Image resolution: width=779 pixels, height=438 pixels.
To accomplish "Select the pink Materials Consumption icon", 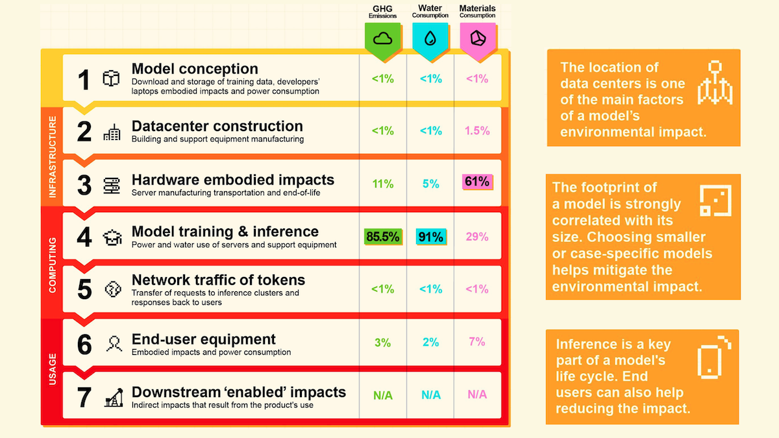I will pyautogui.click(x=477, y=38).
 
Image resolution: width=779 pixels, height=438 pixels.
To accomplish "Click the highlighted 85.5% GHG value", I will pyautogui.click(x=383, y=237).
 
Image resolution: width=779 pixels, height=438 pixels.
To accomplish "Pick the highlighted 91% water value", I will pyautogui.click(x=430, y=237).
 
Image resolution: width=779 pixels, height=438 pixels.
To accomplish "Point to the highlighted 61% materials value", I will pyautogui.click(x=477, y=182).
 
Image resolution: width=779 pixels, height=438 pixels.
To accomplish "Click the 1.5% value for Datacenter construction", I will pyautogui.click(x=477, y=130).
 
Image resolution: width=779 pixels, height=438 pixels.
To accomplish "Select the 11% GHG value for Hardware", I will pyautogui.click(x=383, y=184).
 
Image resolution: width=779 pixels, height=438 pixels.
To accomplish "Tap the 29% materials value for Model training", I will pyautogui.click(x=477, y=237).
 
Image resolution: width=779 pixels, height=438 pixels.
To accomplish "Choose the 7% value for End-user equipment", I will pyautogui.click(x=477, y=341).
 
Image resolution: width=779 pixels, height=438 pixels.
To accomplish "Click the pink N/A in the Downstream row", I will pyautogui.click(x=477, y=394).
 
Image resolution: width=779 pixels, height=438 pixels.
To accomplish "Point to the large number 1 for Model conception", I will pyautogui.click(x=84, y=80).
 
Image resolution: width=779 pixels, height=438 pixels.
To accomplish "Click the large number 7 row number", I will pyautogui.click(x=84, y=397).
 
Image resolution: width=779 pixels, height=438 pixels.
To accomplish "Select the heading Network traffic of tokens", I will pyautogui.click(x=218, y=280).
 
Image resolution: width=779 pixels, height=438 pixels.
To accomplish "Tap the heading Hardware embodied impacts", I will pyautogui.click(x=232, y=180).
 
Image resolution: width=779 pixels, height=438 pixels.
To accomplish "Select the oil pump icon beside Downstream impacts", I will pyautogui.click(x=114, y=397).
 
